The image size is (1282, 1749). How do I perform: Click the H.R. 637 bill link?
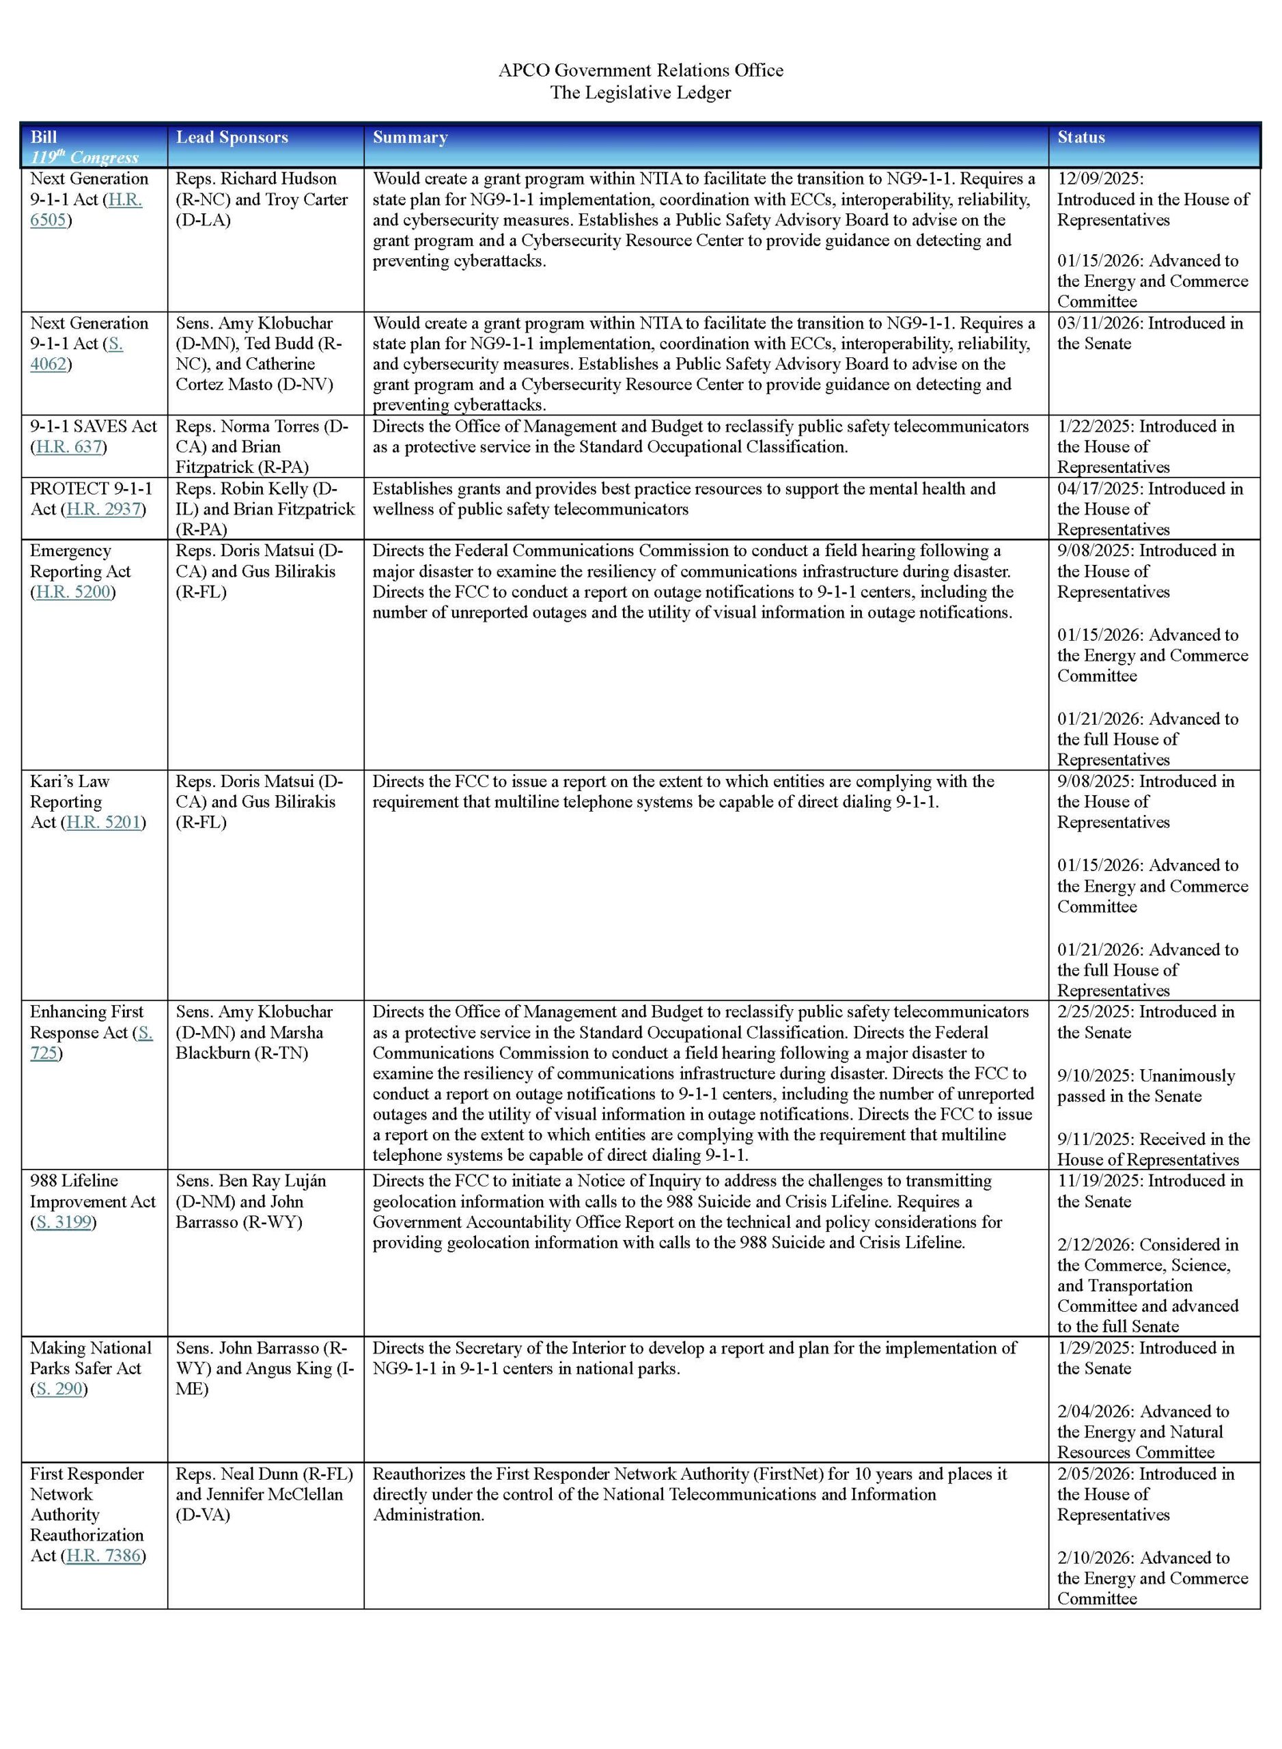(x=70, y=447)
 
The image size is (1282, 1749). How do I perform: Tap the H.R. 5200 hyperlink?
(x=74, y=592)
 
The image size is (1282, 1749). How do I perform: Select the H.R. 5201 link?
(x=104, y=822)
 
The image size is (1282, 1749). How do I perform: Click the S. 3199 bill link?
(x=64, y=1222)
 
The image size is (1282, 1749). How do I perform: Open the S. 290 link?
(x=59, y=1389)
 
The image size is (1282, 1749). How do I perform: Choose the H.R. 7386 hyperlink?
(x=104, y=1555)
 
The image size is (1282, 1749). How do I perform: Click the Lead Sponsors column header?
(x=232, y=137)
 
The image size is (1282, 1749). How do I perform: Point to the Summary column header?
(x=410, y=137)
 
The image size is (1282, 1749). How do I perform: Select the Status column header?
(x=1081, y=137)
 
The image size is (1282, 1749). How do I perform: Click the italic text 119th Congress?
(x=84, y=157)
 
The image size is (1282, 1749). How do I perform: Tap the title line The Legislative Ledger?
(x=640, y=93)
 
